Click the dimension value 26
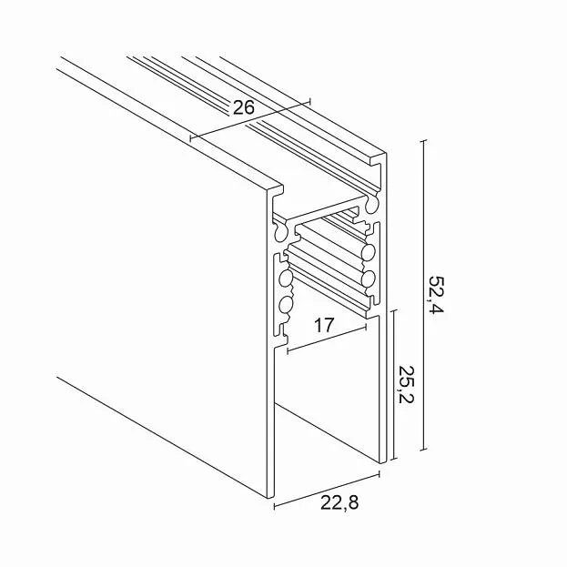244,107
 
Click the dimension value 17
323,325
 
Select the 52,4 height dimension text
437,295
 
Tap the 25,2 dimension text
406,384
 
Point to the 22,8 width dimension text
339,502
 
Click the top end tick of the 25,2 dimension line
394,310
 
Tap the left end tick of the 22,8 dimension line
275,506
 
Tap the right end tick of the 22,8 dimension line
379,474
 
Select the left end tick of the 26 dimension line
190,137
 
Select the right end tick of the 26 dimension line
309,101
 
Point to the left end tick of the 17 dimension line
288,350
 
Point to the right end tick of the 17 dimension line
366,327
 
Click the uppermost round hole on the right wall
371,205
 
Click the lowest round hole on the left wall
286,305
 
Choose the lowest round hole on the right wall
369,279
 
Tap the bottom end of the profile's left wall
270,497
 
